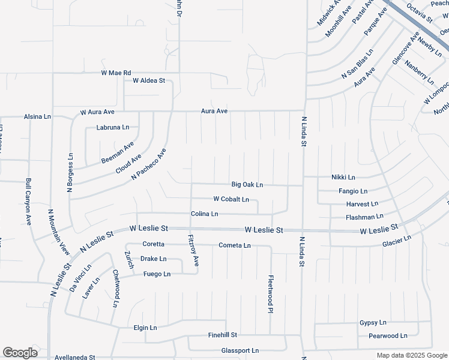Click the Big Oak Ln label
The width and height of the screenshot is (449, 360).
point(247,185)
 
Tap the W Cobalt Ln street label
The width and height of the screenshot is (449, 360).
point(231,199)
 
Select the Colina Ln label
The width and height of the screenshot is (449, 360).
point(204,214)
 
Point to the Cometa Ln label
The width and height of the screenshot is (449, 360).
point(234,245)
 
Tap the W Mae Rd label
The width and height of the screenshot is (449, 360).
point(116,73)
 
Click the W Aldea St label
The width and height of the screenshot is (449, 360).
point(149,80)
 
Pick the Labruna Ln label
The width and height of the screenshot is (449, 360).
point(113,127)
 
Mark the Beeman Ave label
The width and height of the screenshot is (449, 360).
point(117,154)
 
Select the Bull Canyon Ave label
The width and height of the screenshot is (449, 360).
point(28,202)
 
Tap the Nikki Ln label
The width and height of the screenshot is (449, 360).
point(343,178)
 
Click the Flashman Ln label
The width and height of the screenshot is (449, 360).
point(364,217)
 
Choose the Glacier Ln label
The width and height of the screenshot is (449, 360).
point(396,241)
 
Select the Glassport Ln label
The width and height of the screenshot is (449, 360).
point(240,350)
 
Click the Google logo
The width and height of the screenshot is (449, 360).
point(20,353)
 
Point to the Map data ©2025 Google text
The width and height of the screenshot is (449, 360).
point(411,355)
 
